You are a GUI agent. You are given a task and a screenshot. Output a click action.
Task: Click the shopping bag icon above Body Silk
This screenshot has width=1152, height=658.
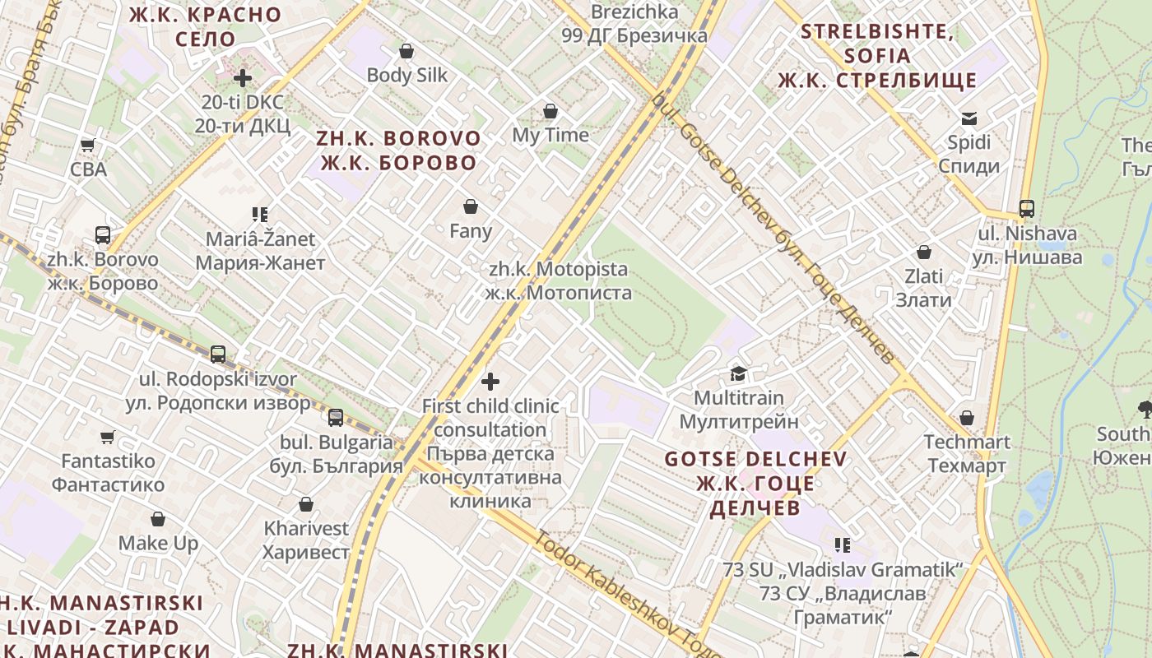(406, 51)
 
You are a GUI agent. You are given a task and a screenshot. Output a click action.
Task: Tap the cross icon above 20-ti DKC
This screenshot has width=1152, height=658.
(243, 79)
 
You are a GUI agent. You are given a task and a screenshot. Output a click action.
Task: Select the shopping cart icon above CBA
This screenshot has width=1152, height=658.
(88, 146)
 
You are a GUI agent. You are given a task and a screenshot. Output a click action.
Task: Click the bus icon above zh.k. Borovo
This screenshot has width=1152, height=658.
(103, 235)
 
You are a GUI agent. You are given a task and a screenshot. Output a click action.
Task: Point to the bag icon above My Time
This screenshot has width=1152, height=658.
(550, 111)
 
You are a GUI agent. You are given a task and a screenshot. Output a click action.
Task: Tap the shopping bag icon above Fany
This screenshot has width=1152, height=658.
(471, 206)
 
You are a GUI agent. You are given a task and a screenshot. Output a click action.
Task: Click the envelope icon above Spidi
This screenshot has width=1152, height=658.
(969, 118)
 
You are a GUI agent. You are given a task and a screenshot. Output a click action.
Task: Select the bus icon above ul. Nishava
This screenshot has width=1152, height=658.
(1027, 209)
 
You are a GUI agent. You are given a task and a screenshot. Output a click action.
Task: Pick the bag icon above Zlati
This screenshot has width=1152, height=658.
(924, 252)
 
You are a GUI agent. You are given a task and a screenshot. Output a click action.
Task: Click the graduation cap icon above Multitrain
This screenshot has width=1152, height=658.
(738, 374)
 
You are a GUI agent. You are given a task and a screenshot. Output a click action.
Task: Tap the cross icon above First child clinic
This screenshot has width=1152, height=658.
(490, 382)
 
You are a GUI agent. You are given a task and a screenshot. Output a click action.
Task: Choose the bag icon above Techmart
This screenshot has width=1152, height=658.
(967, 418)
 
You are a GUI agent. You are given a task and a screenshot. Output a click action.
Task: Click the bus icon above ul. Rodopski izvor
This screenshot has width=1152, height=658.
(218, 354)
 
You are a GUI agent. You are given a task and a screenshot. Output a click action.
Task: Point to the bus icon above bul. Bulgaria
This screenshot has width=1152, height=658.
(336, 418)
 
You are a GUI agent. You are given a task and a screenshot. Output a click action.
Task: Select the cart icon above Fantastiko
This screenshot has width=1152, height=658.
(108, 437)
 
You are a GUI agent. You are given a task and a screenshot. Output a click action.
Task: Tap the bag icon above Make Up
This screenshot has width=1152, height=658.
(158, 520)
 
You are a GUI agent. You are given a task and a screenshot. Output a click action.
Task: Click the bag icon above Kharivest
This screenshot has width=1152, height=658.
(306, 504)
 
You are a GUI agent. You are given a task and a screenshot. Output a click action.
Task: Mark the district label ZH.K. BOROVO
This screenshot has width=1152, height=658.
(398, 150)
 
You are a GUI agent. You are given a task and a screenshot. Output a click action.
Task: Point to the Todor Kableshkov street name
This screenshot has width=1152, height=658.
(613, 585)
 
